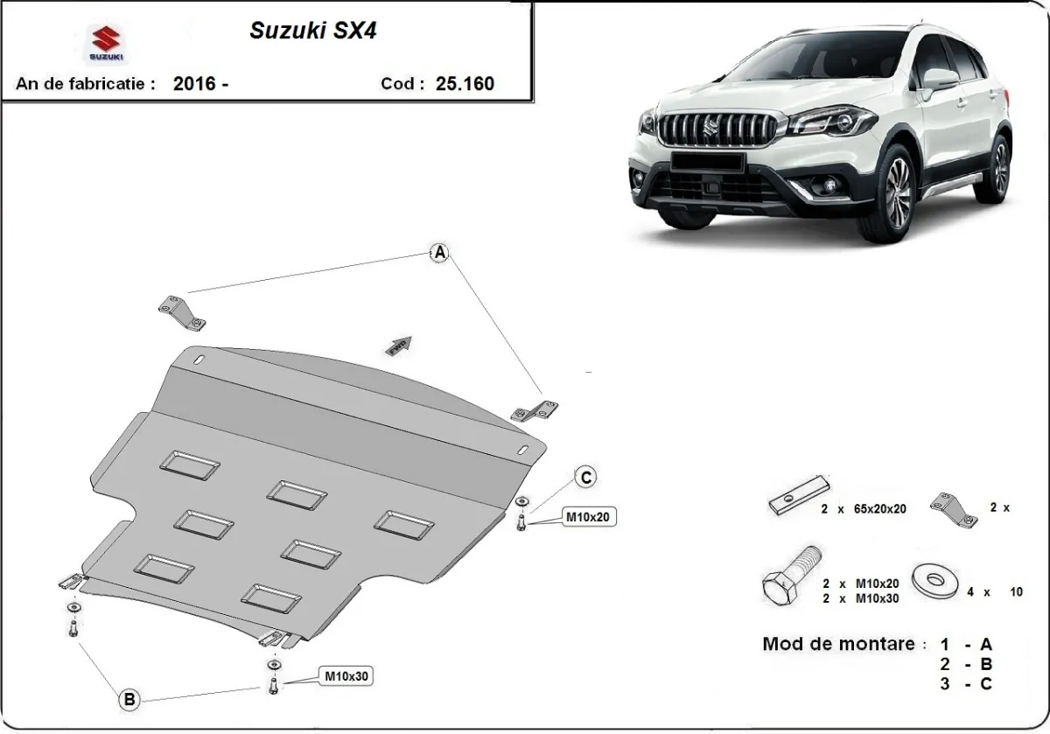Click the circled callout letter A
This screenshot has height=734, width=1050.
440,253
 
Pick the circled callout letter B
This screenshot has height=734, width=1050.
129,699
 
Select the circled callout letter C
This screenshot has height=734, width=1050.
585,477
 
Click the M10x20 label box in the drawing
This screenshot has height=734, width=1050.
585,518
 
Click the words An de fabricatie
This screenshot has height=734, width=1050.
86,84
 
